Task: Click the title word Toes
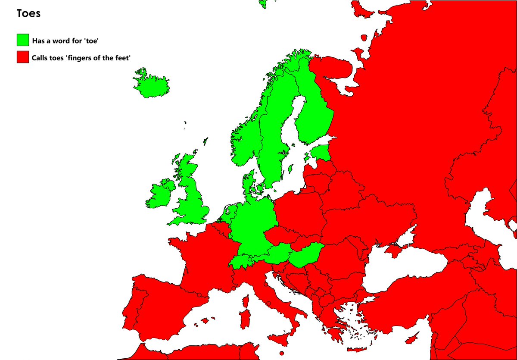(x=28, y=13)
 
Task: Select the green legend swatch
(x=23, y=40)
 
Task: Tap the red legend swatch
(x=23, y=57)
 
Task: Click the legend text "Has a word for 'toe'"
(x=65, y=41)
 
